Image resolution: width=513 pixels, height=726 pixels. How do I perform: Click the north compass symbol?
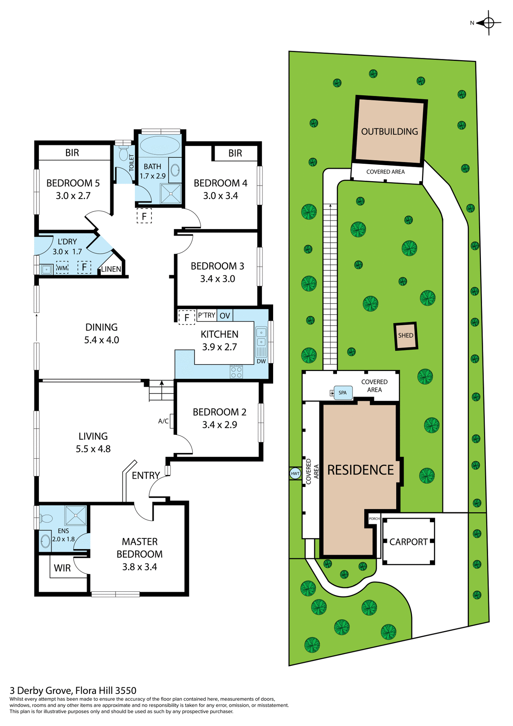tap(488, 23)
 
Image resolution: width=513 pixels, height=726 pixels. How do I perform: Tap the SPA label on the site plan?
tap(343, 392)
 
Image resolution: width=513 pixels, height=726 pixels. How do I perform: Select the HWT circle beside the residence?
tap(295, 473)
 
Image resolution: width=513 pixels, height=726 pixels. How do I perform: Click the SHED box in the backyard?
tap(406, 336)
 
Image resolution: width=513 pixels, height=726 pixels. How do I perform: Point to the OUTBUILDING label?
tap(389, 132)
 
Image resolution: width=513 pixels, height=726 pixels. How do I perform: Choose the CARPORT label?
tap(408, 542)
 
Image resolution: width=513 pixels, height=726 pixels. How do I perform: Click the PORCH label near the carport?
tap(374, 518)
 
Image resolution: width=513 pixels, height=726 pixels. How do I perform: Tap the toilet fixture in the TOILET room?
tap(123, 154)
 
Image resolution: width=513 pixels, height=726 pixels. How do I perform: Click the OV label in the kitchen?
tap(225, 316)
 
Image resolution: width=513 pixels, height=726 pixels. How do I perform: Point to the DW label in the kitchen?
tap(261, 361)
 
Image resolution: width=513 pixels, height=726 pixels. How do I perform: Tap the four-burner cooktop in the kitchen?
tap(236, 372)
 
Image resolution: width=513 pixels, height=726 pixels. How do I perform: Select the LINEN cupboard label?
tap(111, 269)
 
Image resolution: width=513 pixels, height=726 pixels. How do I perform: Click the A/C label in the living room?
tap(163, 421)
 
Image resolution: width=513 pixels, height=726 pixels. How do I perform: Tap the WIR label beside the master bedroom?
tap(62, 568)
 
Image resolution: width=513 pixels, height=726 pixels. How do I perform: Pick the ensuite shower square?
tap(76, 515)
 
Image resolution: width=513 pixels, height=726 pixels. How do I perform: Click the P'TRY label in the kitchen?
tap(206, 315)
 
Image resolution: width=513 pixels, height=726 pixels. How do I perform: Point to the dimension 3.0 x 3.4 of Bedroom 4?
tap(221, 196)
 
